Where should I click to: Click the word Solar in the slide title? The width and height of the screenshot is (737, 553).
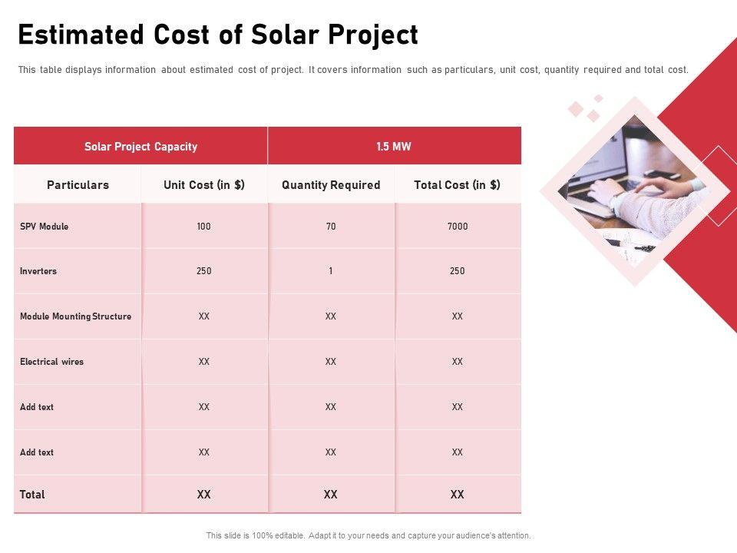click(x=282, y=35)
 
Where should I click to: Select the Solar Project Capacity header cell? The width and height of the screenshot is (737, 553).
click(x=140, y=147)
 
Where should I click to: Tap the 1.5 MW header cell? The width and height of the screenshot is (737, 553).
click(x=394, y=147)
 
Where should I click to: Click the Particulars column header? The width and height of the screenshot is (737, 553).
click(x=78, y=185)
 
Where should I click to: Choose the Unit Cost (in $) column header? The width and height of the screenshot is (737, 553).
click(x=204, y=185)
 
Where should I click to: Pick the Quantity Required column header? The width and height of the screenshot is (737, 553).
click(x=331, y=185)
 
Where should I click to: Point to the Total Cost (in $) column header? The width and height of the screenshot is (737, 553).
click(x=457, y=185)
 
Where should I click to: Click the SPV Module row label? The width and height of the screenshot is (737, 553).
click(x=44, y=227)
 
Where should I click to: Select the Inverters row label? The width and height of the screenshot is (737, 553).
click(x=38, y=271)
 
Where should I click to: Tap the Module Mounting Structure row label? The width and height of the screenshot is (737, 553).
click(x=75, y=316)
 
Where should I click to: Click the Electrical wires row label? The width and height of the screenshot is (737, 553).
click(x=51, y=362)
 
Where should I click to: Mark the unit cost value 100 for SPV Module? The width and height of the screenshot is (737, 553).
click(x=203, y=227)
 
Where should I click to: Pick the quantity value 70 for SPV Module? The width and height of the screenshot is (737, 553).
click(x=331, y=227)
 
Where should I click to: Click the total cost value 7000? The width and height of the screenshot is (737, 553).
click(x=458, y=227)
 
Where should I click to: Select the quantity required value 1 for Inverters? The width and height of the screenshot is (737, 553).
click(x=331, y=271)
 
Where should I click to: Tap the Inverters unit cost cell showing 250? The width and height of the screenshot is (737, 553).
click(x=203, y=271)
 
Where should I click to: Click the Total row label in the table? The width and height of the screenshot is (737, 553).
click(x=32, y=495)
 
